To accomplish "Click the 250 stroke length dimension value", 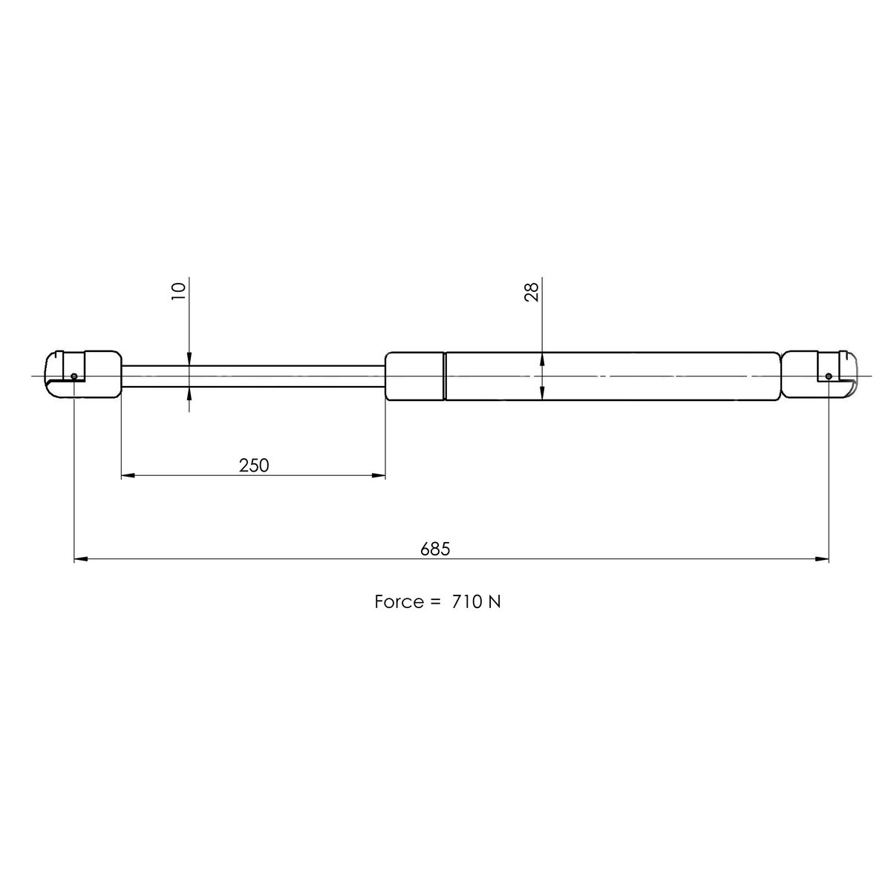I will point(253,465).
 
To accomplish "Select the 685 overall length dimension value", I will point(435,549).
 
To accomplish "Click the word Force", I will point(398,601).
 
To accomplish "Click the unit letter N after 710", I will point(495,601).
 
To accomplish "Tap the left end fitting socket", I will point(82,376).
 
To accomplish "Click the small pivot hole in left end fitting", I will point(74,376).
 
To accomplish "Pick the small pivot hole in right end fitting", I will point(829,376).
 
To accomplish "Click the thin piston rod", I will point(252,376).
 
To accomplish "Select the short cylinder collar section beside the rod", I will point(414,376).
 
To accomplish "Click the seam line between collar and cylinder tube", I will point(444,376).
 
